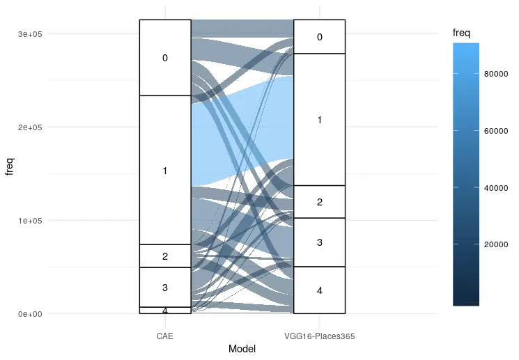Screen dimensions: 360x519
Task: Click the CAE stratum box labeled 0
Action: point(165,58)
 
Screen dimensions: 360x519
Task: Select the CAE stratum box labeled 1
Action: point(165,170)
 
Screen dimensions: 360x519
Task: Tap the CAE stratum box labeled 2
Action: point(165,256)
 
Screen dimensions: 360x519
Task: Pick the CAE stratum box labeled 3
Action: point(165,287)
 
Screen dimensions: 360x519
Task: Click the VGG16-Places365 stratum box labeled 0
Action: point(319,37)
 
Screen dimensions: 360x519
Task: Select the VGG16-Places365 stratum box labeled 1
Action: point(319,120)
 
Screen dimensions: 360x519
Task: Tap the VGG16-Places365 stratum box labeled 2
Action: point(319,202)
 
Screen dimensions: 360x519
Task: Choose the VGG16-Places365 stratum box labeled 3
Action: point(319,242)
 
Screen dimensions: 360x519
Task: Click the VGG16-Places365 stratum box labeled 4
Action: point(319,290)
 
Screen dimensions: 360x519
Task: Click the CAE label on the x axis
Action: point(165,336)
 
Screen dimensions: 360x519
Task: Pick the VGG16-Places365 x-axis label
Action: point(320,336)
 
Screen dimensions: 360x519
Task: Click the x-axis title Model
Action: point(242,350)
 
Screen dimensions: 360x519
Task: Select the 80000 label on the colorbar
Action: point(494,75)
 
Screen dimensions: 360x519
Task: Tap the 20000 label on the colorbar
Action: point(494,244)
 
